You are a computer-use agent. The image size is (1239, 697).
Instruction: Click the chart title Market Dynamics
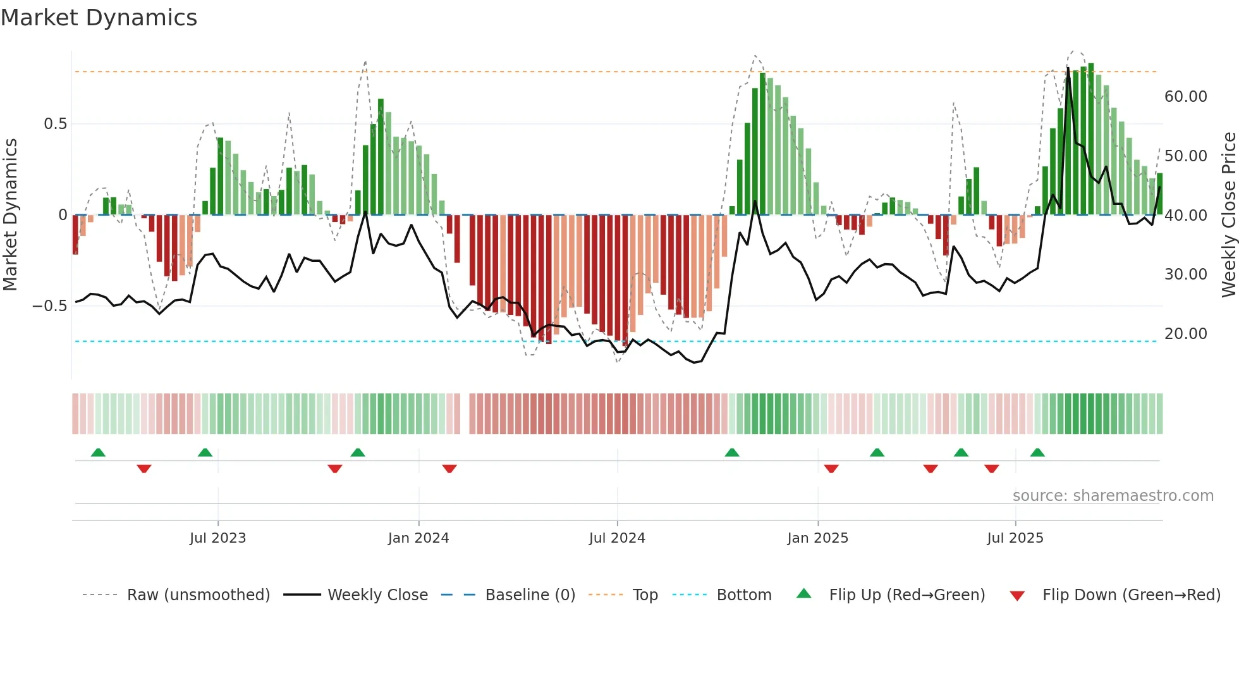99,18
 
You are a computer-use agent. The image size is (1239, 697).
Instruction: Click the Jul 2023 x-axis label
217,538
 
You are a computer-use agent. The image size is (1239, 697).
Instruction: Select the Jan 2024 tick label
418,538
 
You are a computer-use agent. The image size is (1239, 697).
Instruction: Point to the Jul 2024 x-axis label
617,538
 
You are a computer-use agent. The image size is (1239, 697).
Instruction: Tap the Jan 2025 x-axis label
817,538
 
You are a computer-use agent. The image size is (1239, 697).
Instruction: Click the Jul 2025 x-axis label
1015,538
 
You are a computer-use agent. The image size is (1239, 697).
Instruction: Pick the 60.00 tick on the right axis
1185,97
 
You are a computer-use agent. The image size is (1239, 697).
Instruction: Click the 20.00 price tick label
1185,334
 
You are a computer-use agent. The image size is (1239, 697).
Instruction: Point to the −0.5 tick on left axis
50,306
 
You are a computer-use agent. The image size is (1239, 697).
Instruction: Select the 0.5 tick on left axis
55,124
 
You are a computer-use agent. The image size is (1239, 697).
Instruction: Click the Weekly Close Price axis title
1228,215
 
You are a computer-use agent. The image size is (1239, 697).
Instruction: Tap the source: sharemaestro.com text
1113,496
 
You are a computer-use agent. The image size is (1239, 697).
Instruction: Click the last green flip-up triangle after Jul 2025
1037,452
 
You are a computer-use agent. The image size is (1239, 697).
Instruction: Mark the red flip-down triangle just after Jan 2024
449,469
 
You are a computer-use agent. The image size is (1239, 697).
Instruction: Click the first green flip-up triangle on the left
98,452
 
